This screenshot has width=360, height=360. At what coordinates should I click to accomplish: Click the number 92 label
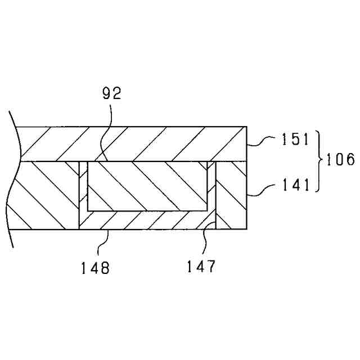112,94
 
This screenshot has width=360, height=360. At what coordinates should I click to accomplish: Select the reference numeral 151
296,139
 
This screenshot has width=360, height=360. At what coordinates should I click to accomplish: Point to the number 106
339,160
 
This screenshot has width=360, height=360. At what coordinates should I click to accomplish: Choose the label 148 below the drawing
94,267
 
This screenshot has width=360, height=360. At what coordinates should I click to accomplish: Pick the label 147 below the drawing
201,267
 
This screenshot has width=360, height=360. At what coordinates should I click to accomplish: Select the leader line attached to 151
263,142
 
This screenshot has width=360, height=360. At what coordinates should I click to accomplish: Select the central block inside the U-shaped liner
147,186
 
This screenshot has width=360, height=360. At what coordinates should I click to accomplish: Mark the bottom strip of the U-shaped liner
147,220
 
